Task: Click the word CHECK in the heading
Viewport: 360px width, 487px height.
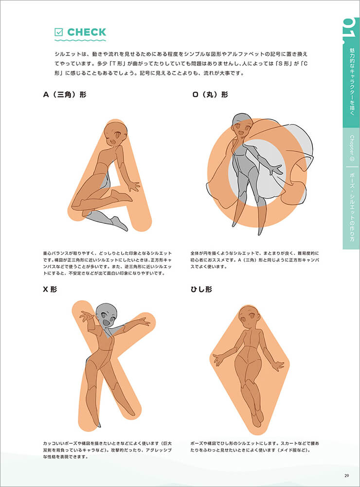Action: point(87,32)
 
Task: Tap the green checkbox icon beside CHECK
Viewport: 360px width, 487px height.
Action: point(58,32)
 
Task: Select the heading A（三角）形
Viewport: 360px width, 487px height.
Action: point(65,94)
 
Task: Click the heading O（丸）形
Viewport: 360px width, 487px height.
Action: point(210,94)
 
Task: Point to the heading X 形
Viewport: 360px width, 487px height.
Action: point(50,289)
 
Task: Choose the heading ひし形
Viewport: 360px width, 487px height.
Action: point(201,289)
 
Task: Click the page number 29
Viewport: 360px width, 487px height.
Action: point(347,475)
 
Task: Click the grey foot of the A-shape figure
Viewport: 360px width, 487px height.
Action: point(120,223)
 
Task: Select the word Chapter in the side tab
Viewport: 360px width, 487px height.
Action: point(352,145)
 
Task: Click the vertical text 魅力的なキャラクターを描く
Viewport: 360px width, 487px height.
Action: point(352,82)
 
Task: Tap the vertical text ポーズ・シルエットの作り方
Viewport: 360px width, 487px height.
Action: point(352,207)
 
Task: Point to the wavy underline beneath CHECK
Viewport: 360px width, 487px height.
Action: point(80,40)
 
